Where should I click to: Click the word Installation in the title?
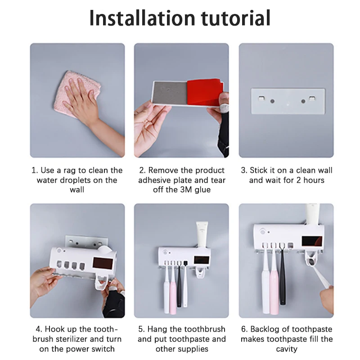pos(142,18)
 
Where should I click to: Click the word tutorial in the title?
pos(235,18)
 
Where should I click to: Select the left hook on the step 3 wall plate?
pos(261,98)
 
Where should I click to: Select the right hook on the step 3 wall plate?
pos(312,99)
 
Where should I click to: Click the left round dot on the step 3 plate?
pos(272,101)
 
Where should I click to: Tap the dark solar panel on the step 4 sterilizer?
pos(103,264)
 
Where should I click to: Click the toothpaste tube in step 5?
pos(202,234)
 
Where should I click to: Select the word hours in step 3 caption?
pos(314,180)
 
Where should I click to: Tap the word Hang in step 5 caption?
pos(157,329)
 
